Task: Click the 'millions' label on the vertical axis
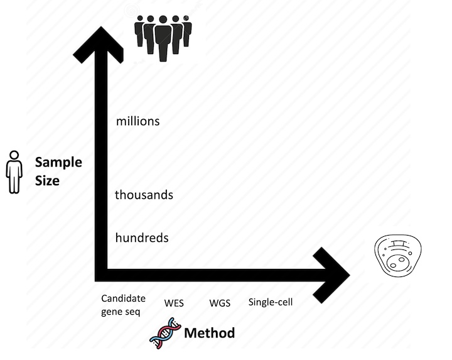click(137, 121)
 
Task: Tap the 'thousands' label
click(144, 195)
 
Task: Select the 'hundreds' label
click(142, 238)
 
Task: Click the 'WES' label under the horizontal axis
click(174, 303)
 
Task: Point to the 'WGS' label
click(220, 303)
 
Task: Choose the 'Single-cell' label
click(271, 302)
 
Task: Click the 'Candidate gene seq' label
click(123, 305)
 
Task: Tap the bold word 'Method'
click(209, 333)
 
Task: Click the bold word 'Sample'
click(58, 163)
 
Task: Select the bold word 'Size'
click(47, 180)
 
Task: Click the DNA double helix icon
click(166, 333)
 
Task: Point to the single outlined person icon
click(14, 172)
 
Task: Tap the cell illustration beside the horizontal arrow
click(398, 256)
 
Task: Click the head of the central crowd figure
click(163, 19)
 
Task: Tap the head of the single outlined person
click(14, 155)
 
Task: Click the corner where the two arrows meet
click(101, 275)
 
